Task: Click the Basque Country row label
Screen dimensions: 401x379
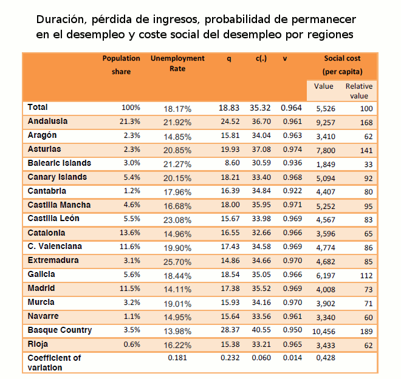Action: tap(60, 330)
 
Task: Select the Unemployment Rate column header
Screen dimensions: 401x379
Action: tap(177, 63)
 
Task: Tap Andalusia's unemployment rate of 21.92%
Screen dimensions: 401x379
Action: tap(177, 123)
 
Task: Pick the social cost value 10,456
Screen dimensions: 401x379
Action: tap(323, 332)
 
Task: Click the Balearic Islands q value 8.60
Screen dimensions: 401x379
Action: tap(232, 163)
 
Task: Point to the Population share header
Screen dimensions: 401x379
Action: tap(122, 65)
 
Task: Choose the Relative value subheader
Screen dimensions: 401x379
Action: tap(359, 91)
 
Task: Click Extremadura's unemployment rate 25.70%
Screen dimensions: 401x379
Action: tap(177, 262)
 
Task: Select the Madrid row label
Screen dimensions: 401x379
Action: tap(41, 289)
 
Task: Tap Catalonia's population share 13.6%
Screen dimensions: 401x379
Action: tap(130, 233)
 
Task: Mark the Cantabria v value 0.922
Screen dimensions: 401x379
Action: tap(292, 191)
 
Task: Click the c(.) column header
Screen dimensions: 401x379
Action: tap(261, 58)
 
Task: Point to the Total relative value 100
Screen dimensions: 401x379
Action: tap(366, 109)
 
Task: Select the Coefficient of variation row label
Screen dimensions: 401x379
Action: tap(54, 363)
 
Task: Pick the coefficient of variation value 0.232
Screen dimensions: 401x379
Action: tap(230, 358)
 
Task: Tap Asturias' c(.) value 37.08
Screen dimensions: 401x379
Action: tap(261, 149)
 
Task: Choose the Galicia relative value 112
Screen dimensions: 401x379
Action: tap(366, 276)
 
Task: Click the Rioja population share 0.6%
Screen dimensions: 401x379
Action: tap(132, 344)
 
